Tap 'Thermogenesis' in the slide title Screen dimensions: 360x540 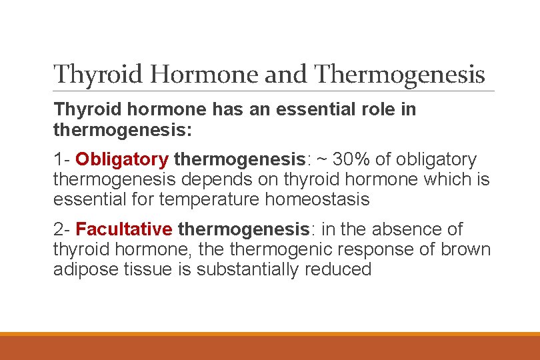[x=400, y=74]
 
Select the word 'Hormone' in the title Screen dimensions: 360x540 [x=207, y=74]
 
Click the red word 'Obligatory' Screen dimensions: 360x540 [x=122, y=160]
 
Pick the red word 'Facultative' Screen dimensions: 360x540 [x=124, y=229]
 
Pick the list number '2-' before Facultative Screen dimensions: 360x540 [x=62, y=229]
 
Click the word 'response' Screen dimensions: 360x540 [x=383, y=249]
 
